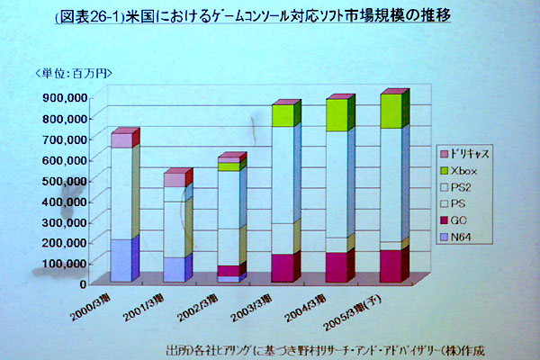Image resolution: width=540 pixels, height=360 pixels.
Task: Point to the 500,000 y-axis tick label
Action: [62, 180]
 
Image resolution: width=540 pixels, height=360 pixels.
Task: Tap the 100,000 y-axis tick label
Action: [62, 263]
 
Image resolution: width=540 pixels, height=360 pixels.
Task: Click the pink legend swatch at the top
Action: [444, 154]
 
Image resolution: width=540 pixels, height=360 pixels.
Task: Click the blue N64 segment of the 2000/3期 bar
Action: [121, 260]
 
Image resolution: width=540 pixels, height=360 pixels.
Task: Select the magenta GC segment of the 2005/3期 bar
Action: [390, 265]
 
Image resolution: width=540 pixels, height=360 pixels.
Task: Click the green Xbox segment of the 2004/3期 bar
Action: [336, 115]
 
